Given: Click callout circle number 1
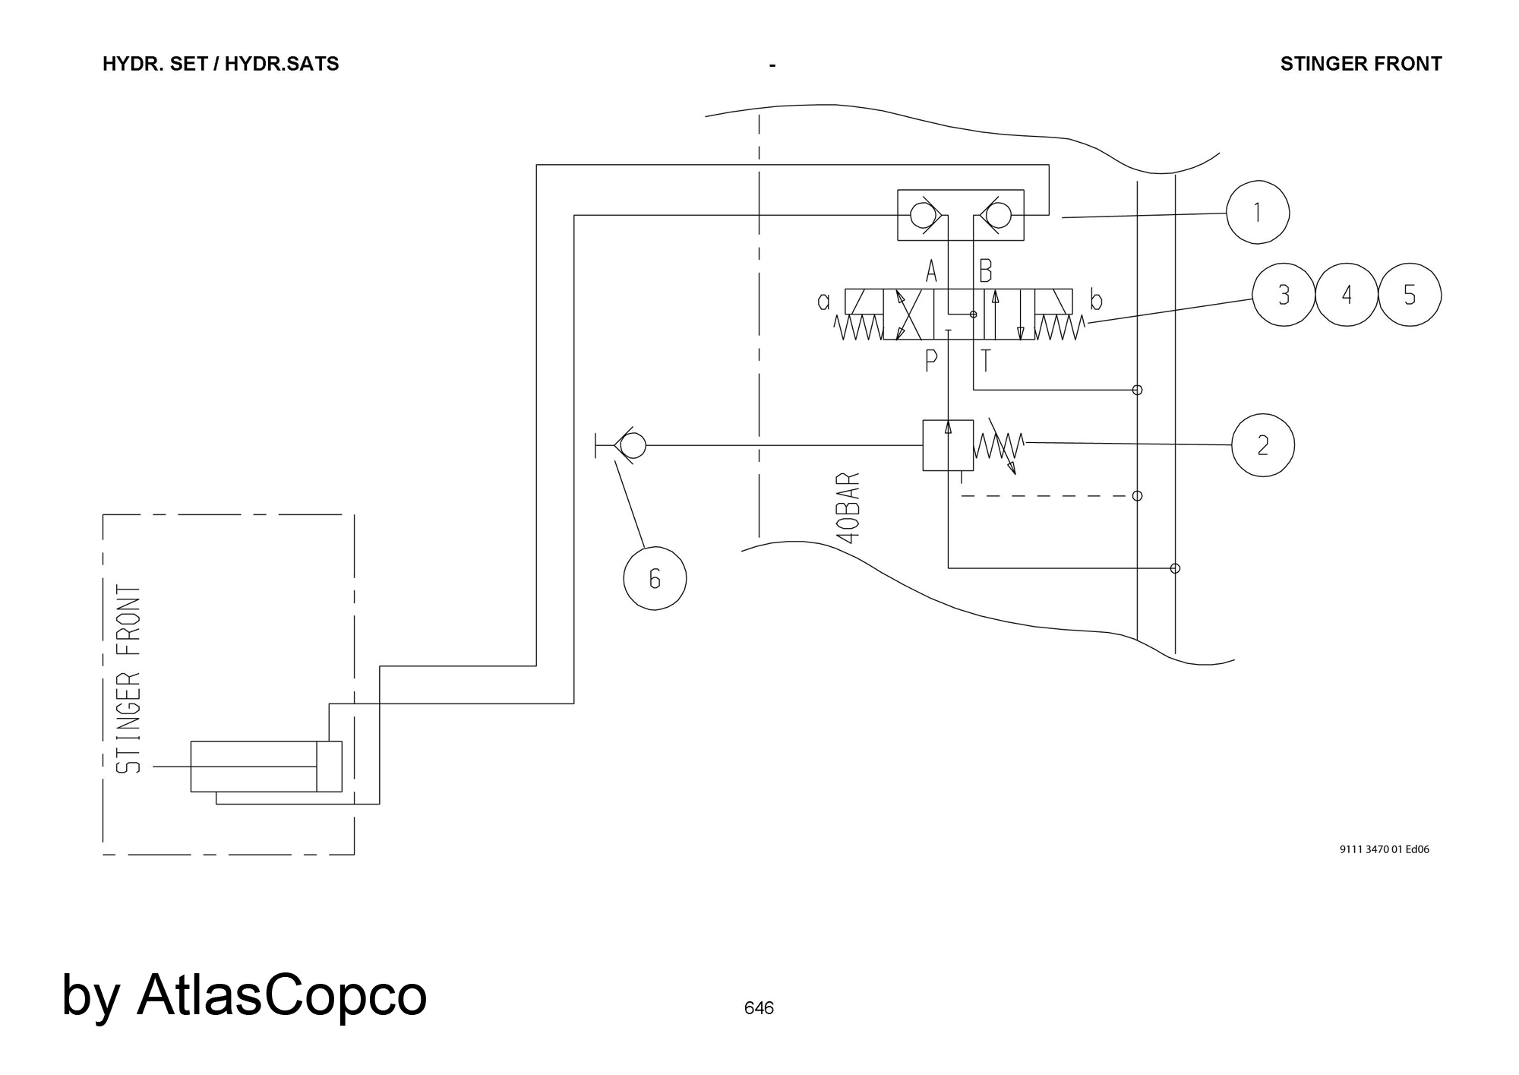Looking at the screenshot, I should [x=1258, y=212].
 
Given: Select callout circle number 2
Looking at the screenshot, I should [x=1262, y=445].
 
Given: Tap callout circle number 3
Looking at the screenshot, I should [x=1284, y=295].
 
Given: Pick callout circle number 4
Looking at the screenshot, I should [x=1347, y=295].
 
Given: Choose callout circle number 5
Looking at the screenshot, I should [x=1410, y=295].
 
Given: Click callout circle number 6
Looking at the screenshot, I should [x=655, y=578].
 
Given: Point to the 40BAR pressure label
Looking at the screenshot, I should [x=849, y=507].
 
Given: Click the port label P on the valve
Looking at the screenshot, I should [x=931, y=360].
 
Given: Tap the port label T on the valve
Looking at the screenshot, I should [x=986, y=360].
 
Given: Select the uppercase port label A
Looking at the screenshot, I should [x=931, y=270].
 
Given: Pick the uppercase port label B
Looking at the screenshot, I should [x=986, y=270].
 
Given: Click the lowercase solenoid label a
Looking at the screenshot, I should [x=824, y=302].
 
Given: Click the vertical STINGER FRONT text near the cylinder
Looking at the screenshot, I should [x=129, y=679].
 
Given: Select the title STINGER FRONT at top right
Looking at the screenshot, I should [x=1361, y=64].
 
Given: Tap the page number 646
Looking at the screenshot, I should [x=759, y=1008].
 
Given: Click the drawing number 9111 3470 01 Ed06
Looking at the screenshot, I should [x=1384, y=849].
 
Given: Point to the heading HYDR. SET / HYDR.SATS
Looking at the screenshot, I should [x=220, y=64].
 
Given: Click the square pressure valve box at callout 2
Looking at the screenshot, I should [x=948, y=444].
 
